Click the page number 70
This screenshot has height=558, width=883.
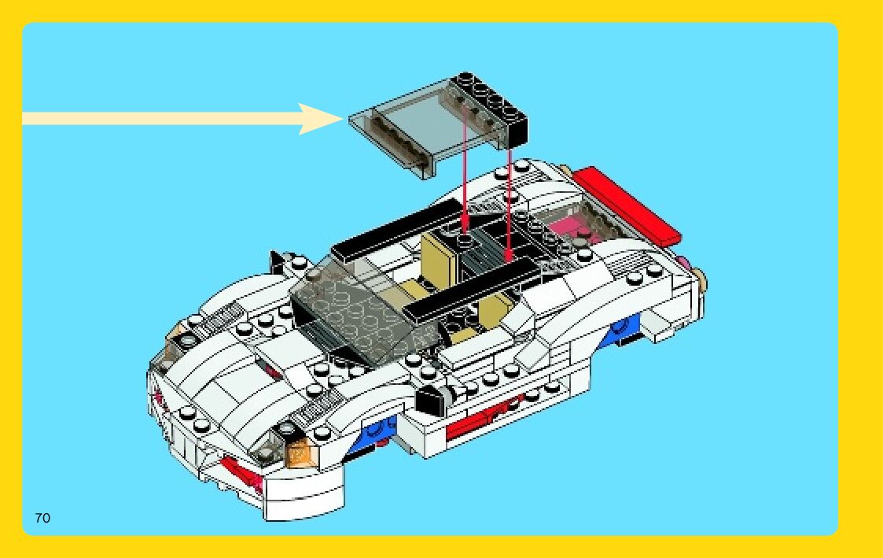[x=42, y=517]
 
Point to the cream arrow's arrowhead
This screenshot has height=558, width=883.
[x=322, y=119]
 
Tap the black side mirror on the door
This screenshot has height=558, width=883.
[x=430, y=402]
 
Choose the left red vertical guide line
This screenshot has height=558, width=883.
[x=466, y=165]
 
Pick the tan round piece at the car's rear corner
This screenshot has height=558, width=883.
[x=699, y=277]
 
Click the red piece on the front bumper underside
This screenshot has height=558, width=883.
[x=240, y=472]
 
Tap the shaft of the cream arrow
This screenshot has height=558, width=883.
[x=157, y=119]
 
